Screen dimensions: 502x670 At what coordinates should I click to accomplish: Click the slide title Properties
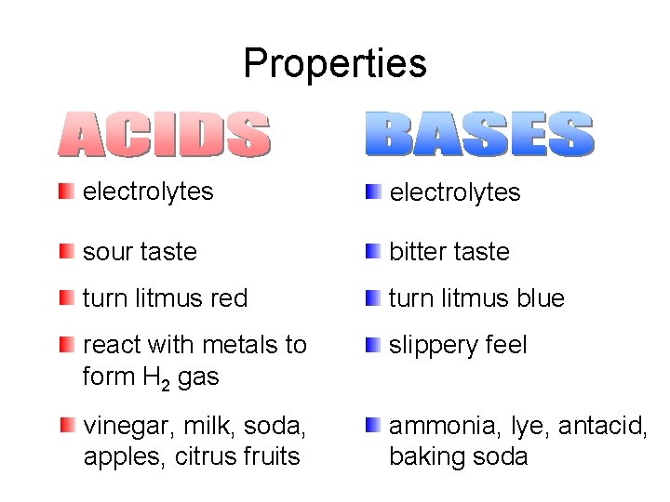coord(335,63)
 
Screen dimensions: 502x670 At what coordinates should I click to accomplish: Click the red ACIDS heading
coord(164,135)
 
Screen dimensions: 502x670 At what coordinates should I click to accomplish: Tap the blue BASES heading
coord(478,135)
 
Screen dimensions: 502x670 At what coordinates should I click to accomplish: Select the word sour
coord(106,251)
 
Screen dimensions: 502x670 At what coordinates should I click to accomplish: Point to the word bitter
coord(415,251)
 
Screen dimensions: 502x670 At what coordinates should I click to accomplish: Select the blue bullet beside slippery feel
coord(372,345)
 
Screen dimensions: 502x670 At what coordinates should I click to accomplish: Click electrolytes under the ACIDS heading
coord(148,192)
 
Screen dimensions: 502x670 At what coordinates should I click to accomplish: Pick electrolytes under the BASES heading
coord(454,192)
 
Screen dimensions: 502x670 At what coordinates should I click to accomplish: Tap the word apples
coord(115,456)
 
